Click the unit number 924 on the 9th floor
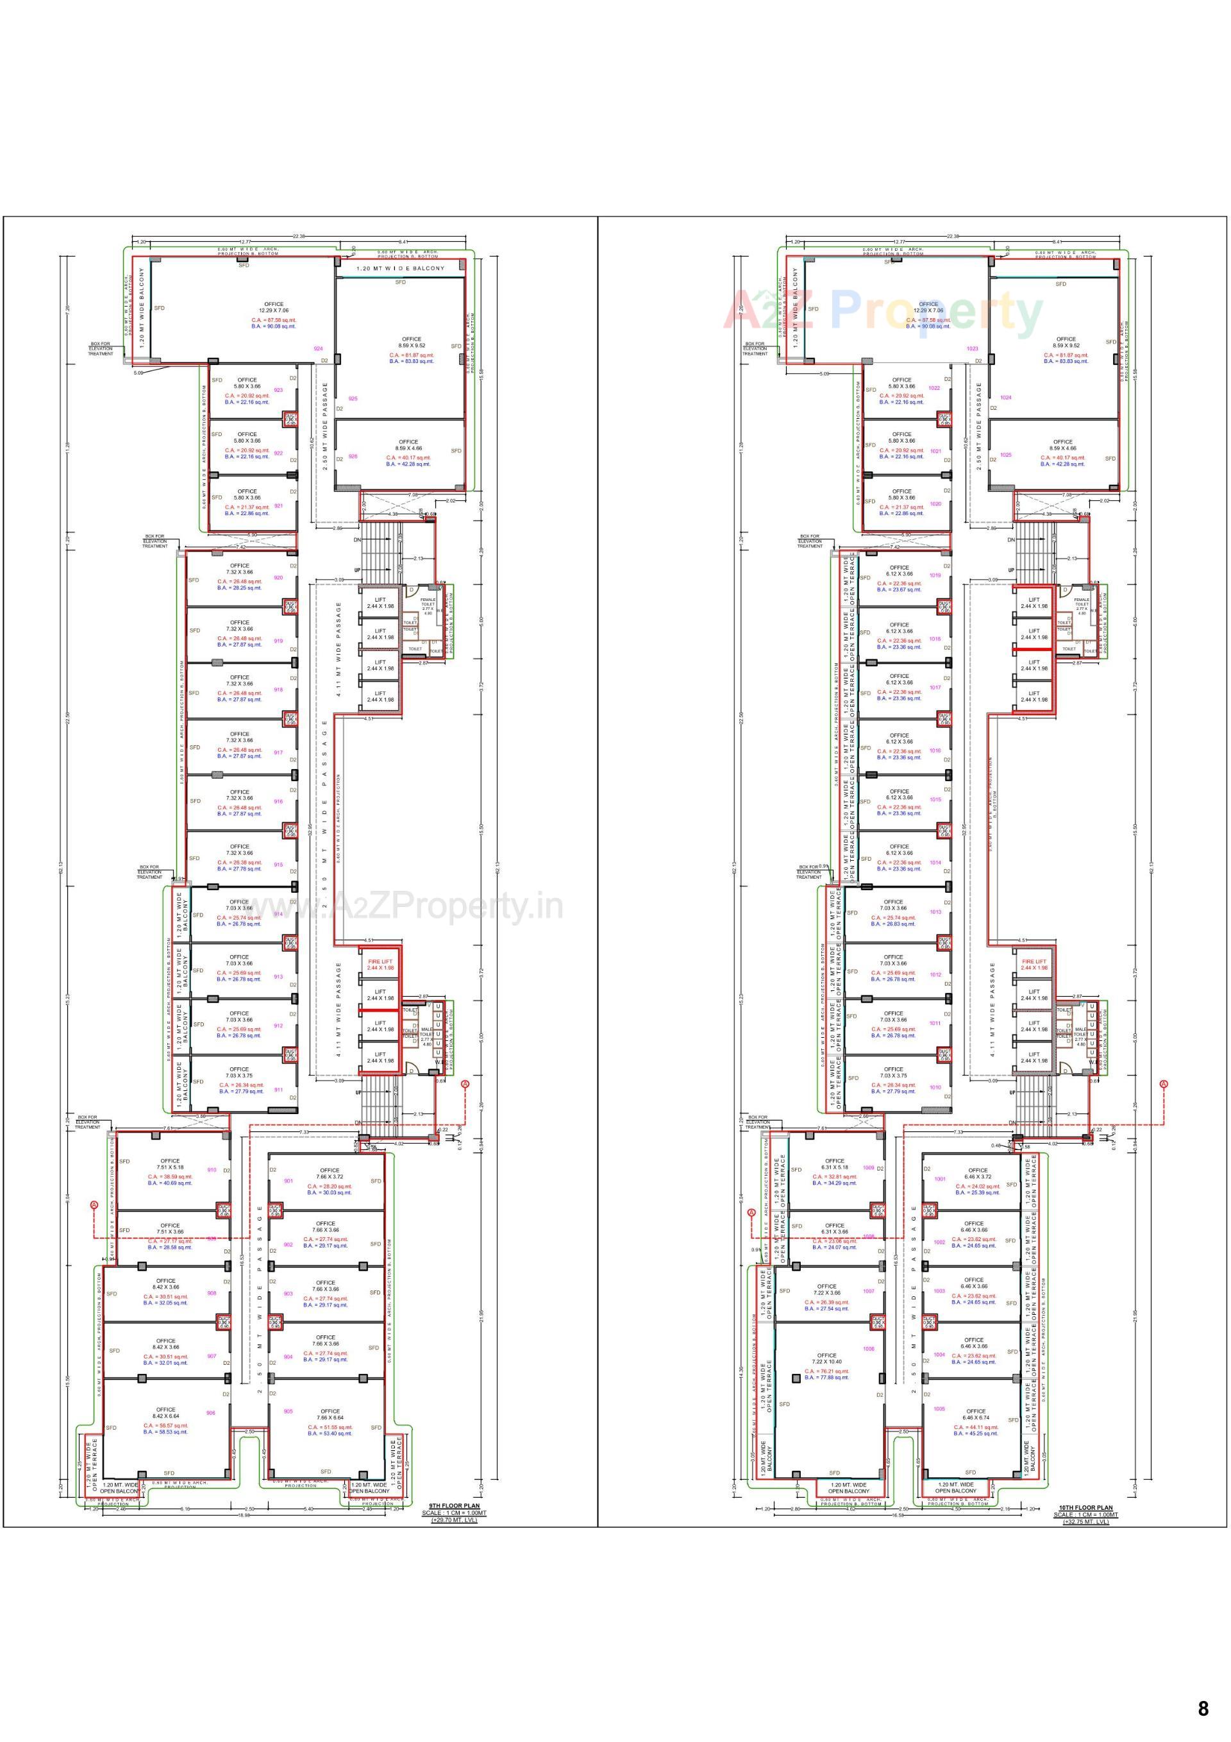pyautogui.click(x=318, y=349)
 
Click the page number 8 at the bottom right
pyautogui.click(x=1203, y=1708)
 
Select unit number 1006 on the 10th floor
pyautogui.click(x=869, y=1349)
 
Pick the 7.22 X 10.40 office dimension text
pyautogui.click(x=826, y=1362)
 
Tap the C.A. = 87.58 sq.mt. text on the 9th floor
pyautogui.click(x=274, y=320)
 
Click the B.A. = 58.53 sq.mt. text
pyautogui.click(x=165, y=1432)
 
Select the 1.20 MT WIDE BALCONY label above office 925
pyautogui.click(x=401, y=269)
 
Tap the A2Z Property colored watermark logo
pyautogui.click(x=883, y=311)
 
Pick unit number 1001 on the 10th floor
pyautogui.click(x=940, y=1179)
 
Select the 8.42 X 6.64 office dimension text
pyautogui.click(x=165, y=1416)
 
